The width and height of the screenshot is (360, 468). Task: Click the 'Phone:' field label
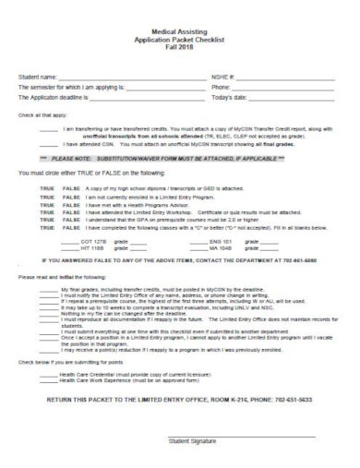(x=222, y=88)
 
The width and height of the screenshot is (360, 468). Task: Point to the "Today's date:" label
(x=229, y=96)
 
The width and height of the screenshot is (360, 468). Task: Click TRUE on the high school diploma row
(x=47, y=187)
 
